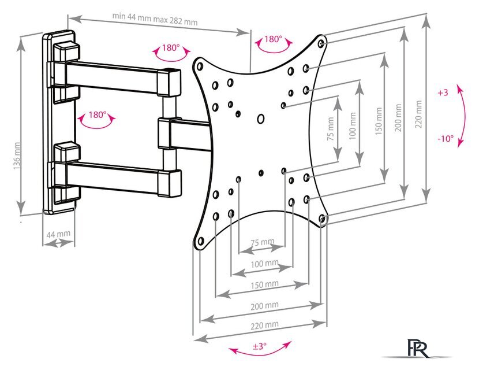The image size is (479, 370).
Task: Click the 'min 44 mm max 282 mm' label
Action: [155, 19]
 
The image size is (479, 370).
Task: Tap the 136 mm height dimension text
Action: [17, 156]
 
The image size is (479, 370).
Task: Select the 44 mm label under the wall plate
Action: [58, 234]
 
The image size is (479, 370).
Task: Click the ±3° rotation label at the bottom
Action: [259, 346]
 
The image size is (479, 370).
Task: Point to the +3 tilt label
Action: [443, 92]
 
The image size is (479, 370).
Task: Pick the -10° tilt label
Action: [446, 139]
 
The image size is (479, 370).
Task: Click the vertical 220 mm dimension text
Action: [418, 114]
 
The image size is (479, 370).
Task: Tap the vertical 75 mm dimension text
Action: [331, 128]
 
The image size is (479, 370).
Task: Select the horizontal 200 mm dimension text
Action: [264, 306]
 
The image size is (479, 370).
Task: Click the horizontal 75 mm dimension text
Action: [263, 242]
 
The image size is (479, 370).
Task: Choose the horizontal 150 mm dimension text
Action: [264, 285]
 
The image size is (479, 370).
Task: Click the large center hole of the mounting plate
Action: [261, 119]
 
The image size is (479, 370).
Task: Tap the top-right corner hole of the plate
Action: [321, 43]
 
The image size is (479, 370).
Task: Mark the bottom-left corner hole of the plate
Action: [201, 241]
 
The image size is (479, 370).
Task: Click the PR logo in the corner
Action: [417, 348]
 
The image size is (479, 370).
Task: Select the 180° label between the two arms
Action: [98, 115]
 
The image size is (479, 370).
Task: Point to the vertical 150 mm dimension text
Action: [379, 121]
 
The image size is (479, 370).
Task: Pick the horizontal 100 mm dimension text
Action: [264, 264]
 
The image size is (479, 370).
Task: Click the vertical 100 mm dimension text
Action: [353, 126]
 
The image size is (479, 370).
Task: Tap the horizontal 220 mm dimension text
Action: [264, 325]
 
